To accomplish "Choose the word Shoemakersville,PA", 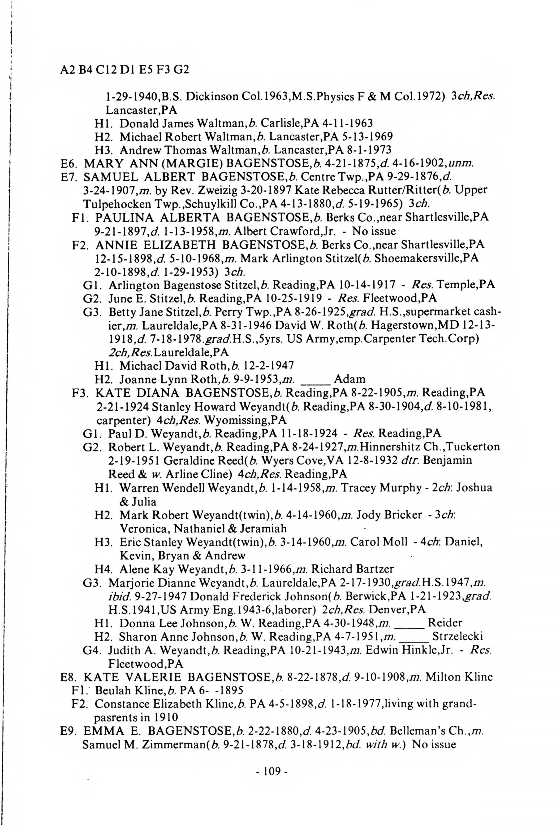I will pyautogui.click(x=427, y=258).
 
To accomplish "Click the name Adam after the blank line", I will pyautogui.click(x=350, y=379).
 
